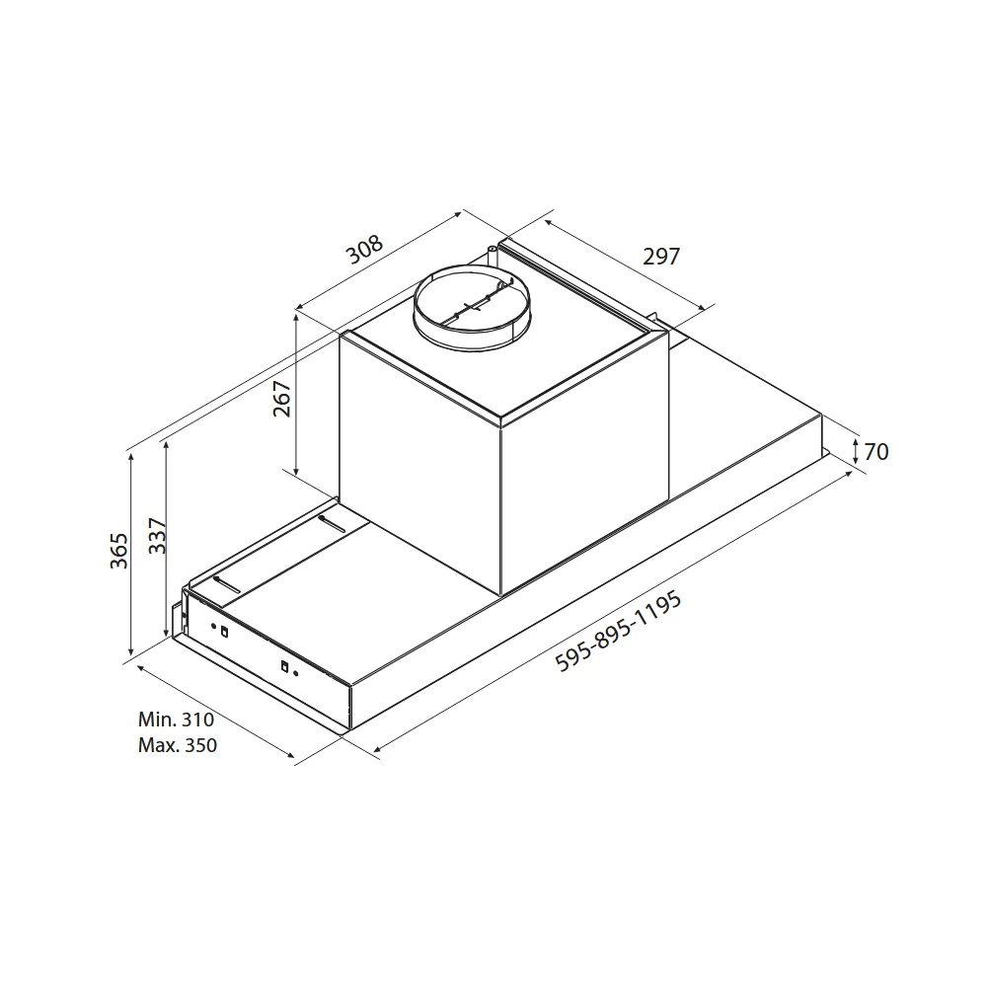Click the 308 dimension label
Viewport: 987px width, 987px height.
tap(364, 250)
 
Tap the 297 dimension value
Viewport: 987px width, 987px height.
tap(661, 257)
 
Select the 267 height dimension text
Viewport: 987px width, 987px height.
tap(282, 399)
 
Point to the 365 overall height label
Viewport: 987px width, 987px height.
tap(118, 551)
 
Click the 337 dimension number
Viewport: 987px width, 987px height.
tap(157, 536)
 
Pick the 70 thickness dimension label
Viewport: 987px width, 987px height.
tap(876, 452)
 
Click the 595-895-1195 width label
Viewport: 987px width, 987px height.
tap(618, 631)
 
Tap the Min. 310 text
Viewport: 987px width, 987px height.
tap(177, 719)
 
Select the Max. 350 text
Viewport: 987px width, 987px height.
tap(178, 745)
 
